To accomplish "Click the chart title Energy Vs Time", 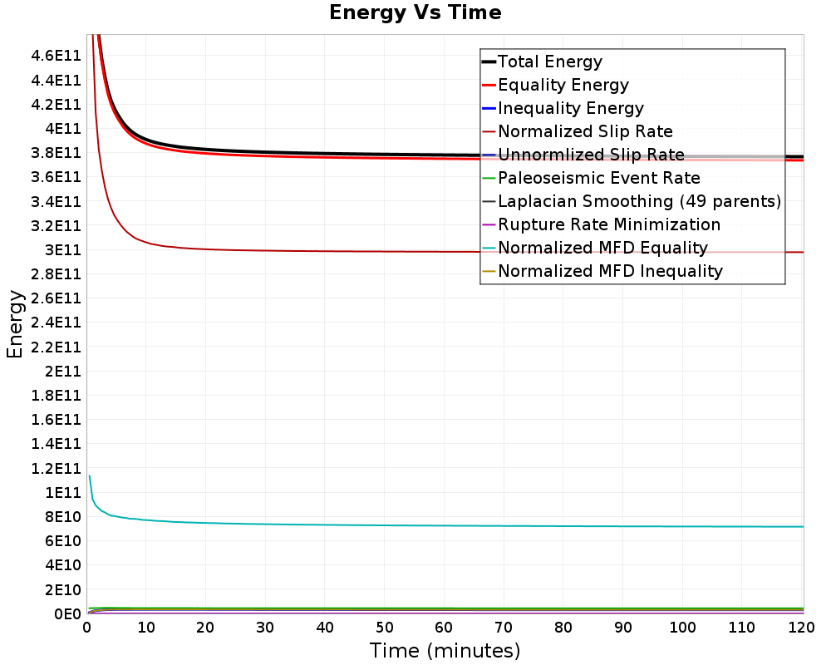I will pyautogui.click(x=415, y=12).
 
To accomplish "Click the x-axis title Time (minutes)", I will pyautogui.click(x=445, y=650).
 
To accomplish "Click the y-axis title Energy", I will pyautogui.click(x=14, y=324).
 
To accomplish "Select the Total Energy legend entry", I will pyautogui.click(x=549, y=62).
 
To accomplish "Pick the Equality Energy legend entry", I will pyautogui.click(x=563, y=85).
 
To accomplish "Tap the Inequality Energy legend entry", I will pyautogui.click(x=570, y=108).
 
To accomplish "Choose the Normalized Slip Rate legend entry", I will pyautogui.click(x=585, y=131).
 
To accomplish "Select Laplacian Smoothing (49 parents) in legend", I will pyautogui.click(x=639, y=201).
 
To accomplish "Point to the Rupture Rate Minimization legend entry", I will pyautogui.click(x=609, y=224).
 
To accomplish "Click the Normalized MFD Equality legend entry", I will pyautogui.click(x=602, y=248).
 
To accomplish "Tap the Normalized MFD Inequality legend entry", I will pyautogui.click(x=610, y=271).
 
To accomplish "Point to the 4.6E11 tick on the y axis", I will pyautogui.click(x=56, y=56).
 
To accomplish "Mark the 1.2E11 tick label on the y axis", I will pyautogui.click(x=56, y=468).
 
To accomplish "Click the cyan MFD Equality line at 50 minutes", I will pyautogui.click(x=385, y=525).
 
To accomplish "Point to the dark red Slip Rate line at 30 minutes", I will pyautogui.click(x=266, y=250).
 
